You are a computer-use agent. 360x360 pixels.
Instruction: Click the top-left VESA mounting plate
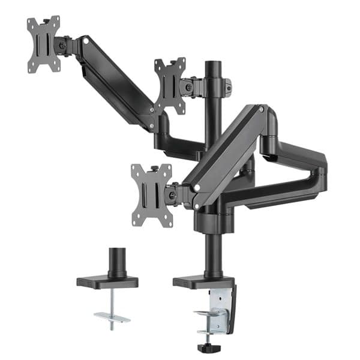pyautogui.click(x=44, y=44)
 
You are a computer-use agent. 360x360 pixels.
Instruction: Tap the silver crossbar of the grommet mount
pyautogui.click(x=112, y=316)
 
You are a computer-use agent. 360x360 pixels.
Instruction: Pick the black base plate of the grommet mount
pyautogui.click(x=107, y=281)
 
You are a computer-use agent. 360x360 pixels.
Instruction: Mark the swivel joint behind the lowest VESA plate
pyautogui.click(x=173, y=193)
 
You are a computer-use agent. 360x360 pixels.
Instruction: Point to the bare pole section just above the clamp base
pyautogui.click(x=213, y=252)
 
